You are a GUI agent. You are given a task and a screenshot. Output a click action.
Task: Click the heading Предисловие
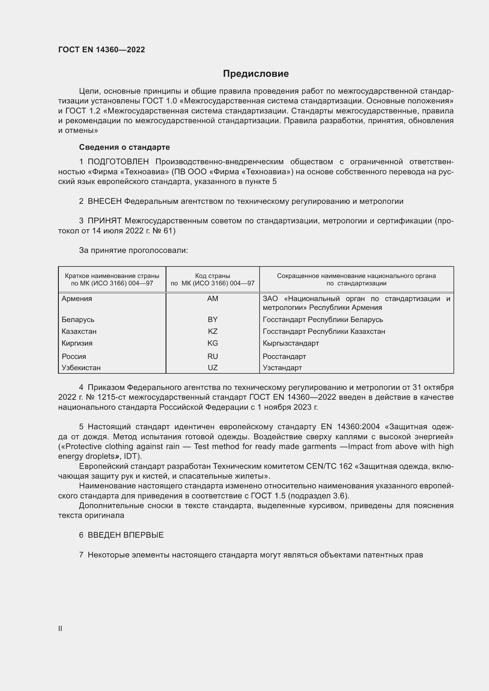pos(256,74)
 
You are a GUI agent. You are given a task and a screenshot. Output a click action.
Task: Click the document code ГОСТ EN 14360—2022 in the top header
pos(101,50)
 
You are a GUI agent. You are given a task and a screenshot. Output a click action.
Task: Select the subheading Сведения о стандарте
pos(124,147)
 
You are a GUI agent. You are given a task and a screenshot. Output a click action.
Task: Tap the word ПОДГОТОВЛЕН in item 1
pos(118,162)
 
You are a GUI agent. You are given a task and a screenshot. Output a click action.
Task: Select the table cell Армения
pos(77,299)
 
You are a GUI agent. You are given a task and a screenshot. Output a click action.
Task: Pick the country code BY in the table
pos(213,320)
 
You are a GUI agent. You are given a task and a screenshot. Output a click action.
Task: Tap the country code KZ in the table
pos(213,331)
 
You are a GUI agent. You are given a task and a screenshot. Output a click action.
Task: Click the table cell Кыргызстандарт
pos(291,343)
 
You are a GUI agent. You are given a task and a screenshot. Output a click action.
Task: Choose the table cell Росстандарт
pos(284,357)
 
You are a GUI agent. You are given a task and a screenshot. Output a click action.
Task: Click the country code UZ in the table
pos(213,368)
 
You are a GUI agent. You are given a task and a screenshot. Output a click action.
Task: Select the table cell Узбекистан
pos(81,368)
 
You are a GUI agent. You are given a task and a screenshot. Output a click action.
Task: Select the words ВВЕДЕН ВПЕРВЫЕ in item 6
pos(126,535)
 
